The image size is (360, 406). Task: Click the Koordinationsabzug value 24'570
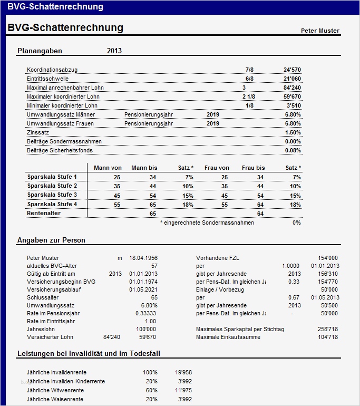(292, 70)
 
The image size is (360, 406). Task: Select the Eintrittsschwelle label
(47, 79)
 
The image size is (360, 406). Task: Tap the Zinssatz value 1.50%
(293, 132)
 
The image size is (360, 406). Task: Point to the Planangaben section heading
(40, 51)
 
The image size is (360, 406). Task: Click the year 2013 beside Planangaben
(114, 51)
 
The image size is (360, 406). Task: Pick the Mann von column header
(108, 168)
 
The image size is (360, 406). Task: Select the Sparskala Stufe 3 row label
(52, 195)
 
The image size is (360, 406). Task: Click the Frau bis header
(253, 168)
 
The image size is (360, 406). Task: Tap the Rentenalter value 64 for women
(260, 214)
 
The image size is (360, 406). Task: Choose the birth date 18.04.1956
(143, 258)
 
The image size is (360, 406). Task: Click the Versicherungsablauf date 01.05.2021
(143, 289)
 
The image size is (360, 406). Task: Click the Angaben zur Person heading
(51, 240)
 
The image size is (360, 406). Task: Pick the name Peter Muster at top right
(320, 31)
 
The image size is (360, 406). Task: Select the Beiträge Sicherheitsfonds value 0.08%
(293, 150)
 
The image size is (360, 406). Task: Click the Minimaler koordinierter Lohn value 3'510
(294, 105)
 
